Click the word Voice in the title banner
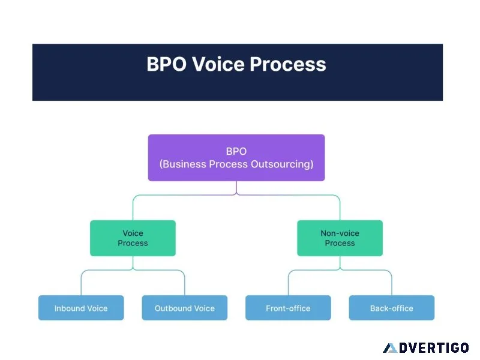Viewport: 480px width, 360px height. coord(218,64)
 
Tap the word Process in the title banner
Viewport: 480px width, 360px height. coord(288,64)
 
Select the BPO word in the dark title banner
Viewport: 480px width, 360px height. coord(167,64)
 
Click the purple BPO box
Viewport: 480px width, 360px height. coord(236,158)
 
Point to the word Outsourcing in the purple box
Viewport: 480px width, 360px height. coord(282,164)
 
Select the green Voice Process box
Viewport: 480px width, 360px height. coord(133,238)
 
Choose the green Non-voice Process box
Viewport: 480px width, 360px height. coord(340,238)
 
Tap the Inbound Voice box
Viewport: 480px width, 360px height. coord(81,308)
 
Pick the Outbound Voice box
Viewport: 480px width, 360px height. coord(185,308)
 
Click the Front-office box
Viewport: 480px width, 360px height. coord(288,308)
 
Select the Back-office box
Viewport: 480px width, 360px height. coord(392,308)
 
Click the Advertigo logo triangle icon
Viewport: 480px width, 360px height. coord(391,349)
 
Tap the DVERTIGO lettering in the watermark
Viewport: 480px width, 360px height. coord(434,348)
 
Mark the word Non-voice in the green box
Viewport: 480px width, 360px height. coord(340,233)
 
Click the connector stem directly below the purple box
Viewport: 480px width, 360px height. coord(236,187)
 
